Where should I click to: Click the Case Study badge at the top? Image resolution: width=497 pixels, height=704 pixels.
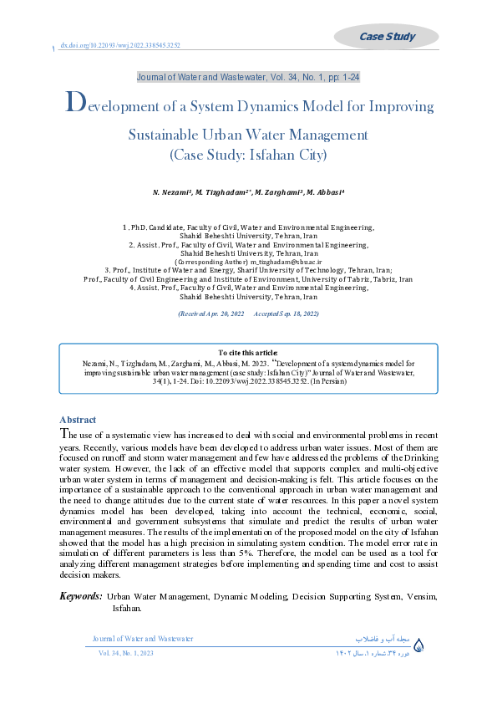386,36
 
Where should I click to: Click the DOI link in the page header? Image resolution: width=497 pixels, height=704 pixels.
120,46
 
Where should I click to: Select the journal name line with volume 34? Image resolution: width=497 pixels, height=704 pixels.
248,77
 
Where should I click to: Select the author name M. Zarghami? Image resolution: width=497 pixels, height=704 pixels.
277,192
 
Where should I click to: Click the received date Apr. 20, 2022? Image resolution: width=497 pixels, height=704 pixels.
216,314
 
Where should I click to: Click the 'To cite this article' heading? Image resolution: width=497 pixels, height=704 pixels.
247,354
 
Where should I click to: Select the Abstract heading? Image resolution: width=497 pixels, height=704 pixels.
78,420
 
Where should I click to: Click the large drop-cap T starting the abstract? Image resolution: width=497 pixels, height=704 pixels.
63,433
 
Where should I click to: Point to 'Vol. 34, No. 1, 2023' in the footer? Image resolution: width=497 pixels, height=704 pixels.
126,652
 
